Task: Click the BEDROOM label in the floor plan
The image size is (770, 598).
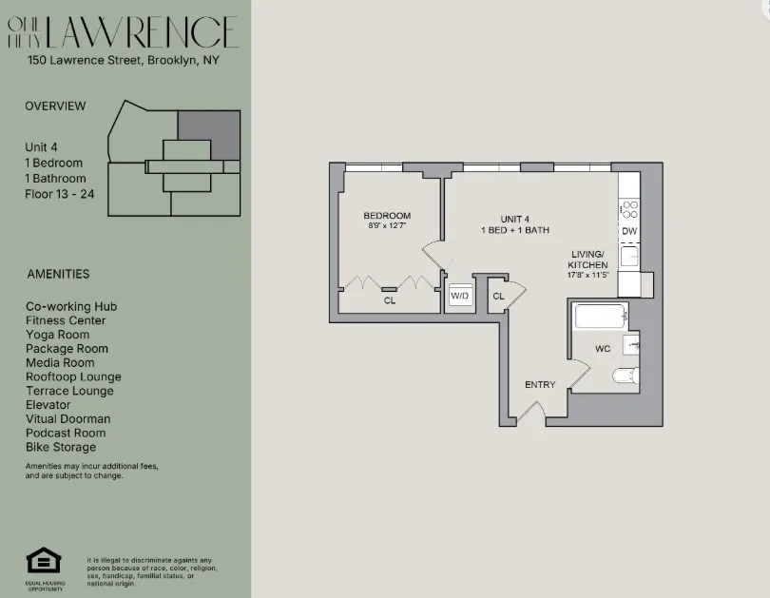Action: [388, 215]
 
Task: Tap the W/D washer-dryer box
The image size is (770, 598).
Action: [460, 296]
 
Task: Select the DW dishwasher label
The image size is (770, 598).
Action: [629, 231]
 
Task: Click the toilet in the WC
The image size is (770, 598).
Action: [625, 376]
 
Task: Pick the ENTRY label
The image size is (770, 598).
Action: [540, 385]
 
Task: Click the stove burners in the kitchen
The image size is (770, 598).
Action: [629, 209]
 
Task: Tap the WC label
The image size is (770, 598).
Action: [603, 349]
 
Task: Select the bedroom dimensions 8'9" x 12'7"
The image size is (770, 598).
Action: [387, 226]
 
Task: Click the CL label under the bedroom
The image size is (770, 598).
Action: [390, 300]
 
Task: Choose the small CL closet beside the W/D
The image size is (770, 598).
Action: [498, 296]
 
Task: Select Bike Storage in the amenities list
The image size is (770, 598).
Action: [61, 447]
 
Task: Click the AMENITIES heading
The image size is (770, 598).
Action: [58, 274]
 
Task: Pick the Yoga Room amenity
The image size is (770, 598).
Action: [58, 335]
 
